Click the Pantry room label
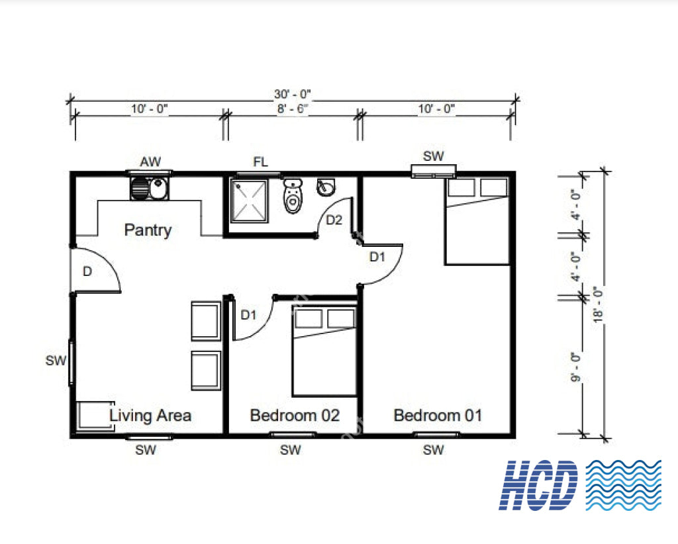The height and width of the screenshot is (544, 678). [x=148, y=230]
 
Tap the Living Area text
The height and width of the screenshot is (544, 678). [x=150, y=416]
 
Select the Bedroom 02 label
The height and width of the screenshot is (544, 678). [x=295, y=416]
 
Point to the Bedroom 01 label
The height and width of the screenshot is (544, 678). [x=438, y=416]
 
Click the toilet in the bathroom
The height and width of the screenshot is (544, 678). [x=293, y=197]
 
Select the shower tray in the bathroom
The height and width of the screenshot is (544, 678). [x=249, y=199]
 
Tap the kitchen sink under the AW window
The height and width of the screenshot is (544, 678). [x=149, y=189]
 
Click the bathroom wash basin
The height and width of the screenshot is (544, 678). [x=327, y=187]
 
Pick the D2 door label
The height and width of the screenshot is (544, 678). [x=334, y=220]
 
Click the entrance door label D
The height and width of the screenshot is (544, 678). [x=87, y=271]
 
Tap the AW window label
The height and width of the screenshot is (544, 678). [x=150, y=161]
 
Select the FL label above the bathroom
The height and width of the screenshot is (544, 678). [x=261, y=161]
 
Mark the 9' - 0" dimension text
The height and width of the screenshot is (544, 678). [x=575, y=368]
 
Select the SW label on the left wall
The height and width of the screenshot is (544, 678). [x=56, y=361]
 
